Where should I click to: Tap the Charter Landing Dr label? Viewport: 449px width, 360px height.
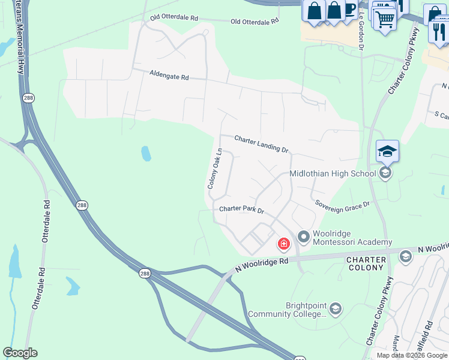tap(261, 143)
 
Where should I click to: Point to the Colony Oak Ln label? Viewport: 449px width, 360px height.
tap(215, 169)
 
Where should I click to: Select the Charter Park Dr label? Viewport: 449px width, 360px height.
tap(241, 209)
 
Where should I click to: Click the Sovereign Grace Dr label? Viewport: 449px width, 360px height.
tap(342, 204)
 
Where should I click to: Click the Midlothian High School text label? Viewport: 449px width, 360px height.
tap(333, 173)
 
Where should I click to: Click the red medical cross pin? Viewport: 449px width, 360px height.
tap(283, 244)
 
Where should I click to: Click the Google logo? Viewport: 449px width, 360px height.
tap(20, 353)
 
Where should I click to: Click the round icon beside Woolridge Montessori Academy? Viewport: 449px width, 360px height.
tap(303, 238)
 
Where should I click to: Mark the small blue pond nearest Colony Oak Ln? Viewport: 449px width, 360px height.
tap(146, 154)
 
